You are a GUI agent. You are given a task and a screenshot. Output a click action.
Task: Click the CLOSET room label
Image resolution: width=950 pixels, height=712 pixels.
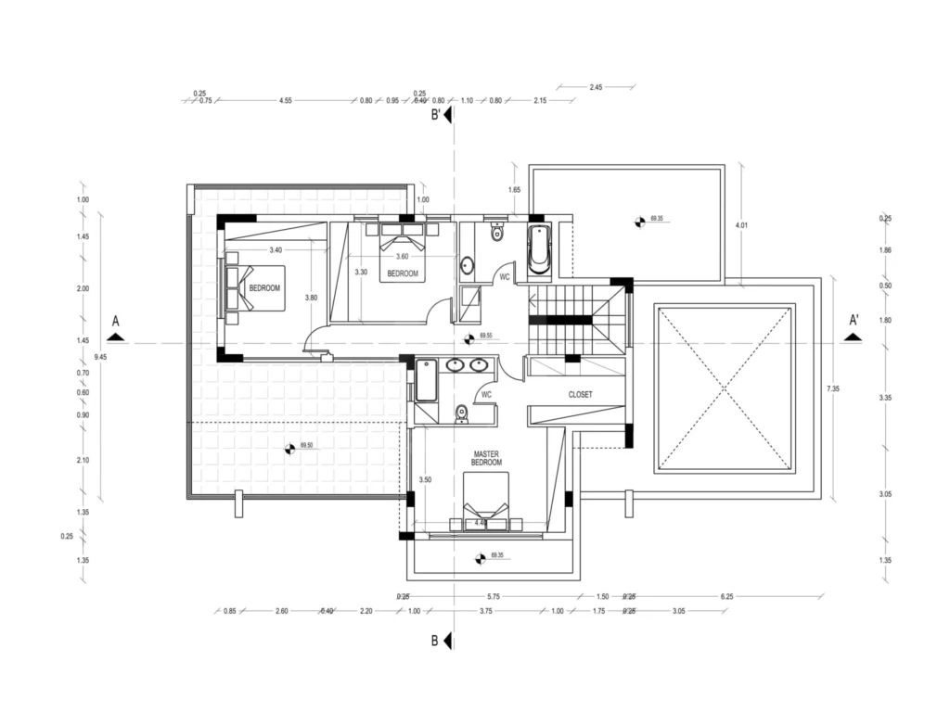coord(580,394)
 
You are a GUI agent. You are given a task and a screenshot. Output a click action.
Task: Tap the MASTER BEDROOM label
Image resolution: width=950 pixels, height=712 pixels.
coord(486,457)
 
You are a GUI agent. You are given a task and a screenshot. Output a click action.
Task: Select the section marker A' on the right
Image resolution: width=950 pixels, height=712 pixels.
coord(854,321)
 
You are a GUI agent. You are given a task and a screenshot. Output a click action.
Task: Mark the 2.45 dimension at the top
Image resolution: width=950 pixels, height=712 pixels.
coord(597,87)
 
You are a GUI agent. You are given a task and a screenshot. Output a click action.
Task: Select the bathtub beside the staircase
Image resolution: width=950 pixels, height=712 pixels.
coord(539,248)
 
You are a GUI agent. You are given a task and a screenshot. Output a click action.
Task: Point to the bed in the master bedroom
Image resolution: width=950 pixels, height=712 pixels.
coord(486,501)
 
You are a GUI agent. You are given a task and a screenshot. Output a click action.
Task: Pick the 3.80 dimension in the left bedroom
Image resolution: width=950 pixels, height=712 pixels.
coord(312,298)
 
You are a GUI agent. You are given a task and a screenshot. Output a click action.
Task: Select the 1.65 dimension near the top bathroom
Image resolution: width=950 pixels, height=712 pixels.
coord(515,190)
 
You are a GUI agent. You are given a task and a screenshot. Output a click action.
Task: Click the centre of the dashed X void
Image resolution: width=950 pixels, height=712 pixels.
coord(726,388)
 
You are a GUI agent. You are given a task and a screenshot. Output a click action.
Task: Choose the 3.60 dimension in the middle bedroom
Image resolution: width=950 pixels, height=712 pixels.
coord(402,256)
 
